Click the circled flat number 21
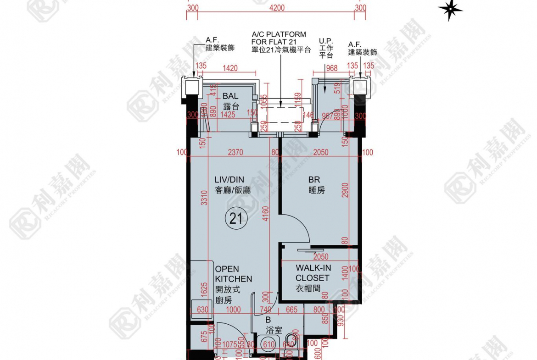pyautogui.click(x=236, y=219)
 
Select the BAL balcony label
pyautogui.click(x=230, y=101)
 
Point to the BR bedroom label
pyautogui.click(x=315, y=184)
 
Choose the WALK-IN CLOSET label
pyautogui.click(x=313, y=278)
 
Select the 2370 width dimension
pyautogui.click(x=235, y=152)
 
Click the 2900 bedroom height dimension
pyautogui.click(x=345, y=190)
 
